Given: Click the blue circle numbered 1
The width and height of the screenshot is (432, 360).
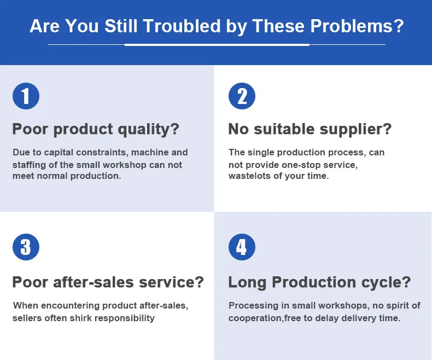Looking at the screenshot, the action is click(x=26, y=96).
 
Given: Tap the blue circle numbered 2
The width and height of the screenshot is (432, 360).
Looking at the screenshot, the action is click(x=242, y=96).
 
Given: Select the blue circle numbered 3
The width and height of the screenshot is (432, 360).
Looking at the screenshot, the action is click(x=26, y=247).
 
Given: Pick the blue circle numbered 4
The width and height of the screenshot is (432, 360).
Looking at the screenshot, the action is click(x=242, y=247).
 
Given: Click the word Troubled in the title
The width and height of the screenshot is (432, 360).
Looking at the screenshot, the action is click(x=182, y=26).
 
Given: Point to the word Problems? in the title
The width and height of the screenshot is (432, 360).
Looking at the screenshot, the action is click(x=357, y=26).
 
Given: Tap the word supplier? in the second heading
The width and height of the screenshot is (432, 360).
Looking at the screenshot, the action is click(x=355, y=129).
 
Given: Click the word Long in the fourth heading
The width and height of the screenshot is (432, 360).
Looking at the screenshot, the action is click(x=247, y=283).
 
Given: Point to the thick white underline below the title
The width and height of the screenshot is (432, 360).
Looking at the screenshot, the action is click(x=217, y=45).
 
